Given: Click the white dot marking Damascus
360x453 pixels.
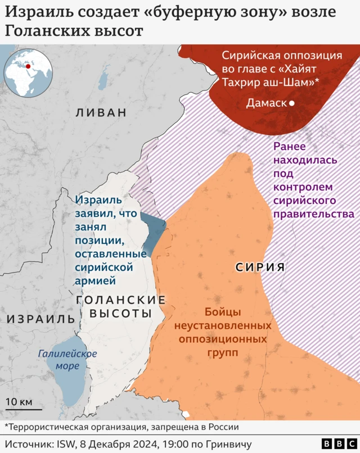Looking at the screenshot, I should coord(292,103).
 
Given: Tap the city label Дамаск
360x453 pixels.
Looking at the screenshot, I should coord(266,103).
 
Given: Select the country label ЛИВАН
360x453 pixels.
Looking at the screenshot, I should coord(101,112).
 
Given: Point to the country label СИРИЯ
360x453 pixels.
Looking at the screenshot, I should coord(260,267).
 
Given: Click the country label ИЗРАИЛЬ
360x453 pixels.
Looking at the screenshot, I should coord(40,319).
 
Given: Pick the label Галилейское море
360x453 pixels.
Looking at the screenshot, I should coord(67,360).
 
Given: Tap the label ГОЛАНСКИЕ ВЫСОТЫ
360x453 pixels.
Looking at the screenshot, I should coord(120,306).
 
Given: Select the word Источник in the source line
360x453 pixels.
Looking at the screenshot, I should coord(30,445).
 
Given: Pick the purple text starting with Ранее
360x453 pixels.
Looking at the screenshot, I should coord(313,180).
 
